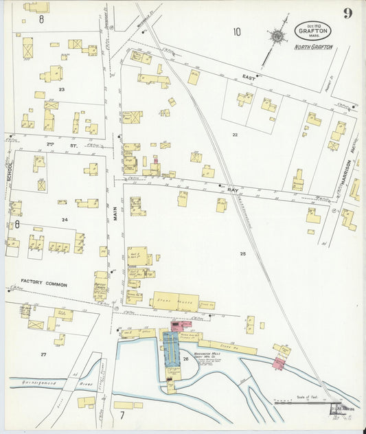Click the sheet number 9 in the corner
(x=348, y=14)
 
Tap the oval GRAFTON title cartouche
(x=313, y=31)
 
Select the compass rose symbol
(x=278, y=36)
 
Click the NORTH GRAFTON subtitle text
(x=313, y=47)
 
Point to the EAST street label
(x=248, y=78)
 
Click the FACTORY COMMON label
(x=43, y=282)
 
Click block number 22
(x=234, y=135)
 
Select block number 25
(x=242, y=254)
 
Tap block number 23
(x=62, y=90)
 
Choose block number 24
(x=64, y=220)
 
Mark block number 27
(x=43, y=354)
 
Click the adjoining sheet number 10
(x=236, y=31)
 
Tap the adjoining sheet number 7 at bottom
(x=122, y=415)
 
